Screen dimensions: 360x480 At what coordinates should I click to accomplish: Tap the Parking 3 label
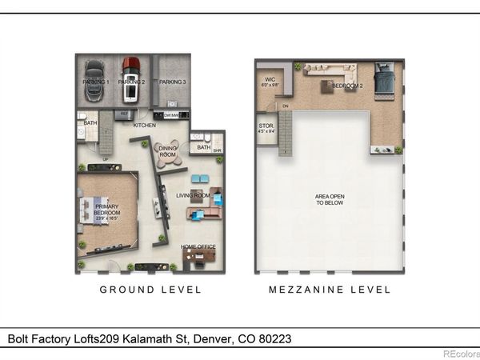[x=172, y=82]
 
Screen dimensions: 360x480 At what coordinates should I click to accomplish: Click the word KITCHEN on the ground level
[x=145, y=126]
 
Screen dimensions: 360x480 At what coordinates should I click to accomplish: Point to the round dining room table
[x=169, y=158]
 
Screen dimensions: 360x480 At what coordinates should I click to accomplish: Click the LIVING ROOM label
[x=193, y=195]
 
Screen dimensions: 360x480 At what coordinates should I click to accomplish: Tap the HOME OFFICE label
[x=196, y=246]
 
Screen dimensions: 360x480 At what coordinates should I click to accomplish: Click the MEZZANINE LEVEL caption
[x=330, y=290]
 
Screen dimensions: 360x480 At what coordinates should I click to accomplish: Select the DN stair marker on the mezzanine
[x=285, y=106]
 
